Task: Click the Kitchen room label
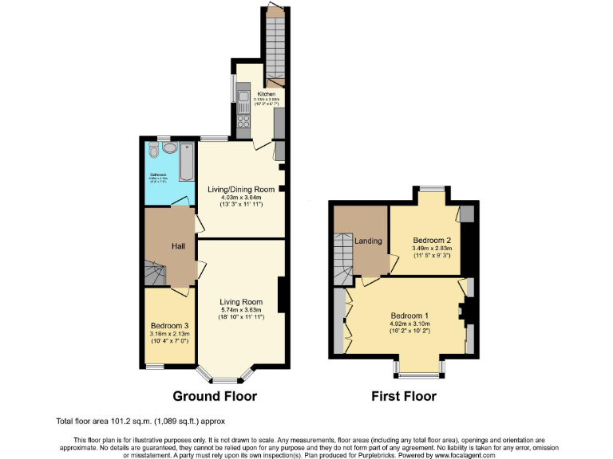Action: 266,94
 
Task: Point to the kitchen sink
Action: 243,100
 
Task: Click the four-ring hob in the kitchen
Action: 243,122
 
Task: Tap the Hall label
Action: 178,245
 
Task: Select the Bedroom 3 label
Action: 170,325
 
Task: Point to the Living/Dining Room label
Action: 241,189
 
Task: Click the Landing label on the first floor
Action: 368,241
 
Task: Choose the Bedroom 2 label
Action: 433,240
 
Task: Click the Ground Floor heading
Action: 215,396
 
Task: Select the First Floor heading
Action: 404,396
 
